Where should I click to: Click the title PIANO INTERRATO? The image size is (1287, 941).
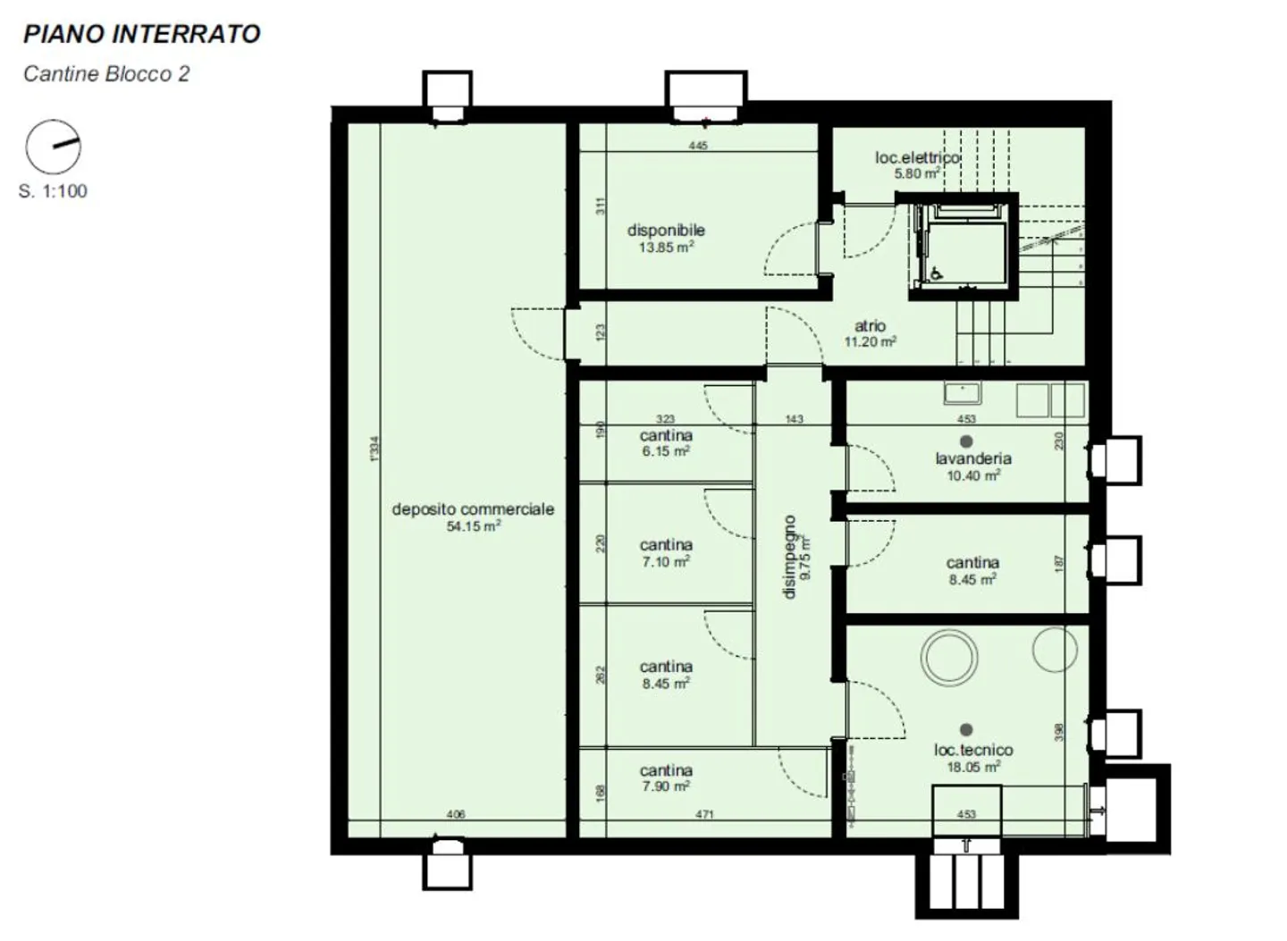[141, 34]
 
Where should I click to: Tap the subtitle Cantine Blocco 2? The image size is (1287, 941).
[106, 73]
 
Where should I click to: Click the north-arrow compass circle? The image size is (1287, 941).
[53, 147]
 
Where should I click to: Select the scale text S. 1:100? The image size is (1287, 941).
[53, 190]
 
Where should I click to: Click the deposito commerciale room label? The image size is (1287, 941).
[473, 509]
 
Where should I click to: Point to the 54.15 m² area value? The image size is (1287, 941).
[473, 526]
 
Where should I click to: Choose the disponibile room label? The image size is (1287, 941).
[666, 231]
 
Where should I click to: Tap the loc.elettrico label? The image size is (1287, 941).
[917, 158]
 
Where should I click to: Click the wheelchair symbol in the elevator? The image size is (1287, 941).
[936, 273]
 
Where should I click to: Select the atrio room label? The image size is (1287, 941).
[870, 326]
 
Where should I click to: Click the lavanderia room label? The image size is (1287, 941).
[973, 458]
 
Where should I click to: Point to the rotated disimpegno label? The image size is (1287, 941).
[789, 556]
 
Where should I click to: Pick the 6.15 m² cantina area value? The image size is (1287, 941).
[666, 452]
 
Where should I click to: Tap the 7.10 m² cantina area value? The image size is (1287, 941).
[666, 562]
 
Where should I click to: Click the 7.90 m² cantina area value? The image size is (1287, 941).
[666, 786]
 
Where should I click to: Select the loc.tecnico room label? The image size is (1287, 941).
[973, 750]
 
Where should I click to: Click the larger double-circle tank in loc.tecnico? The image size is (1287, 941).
[949, 657]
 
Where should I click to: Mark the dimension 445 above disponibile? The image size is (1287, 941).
[698, 146]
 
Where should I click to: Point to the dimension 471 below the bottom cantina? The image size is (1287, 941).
[704, 814]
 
